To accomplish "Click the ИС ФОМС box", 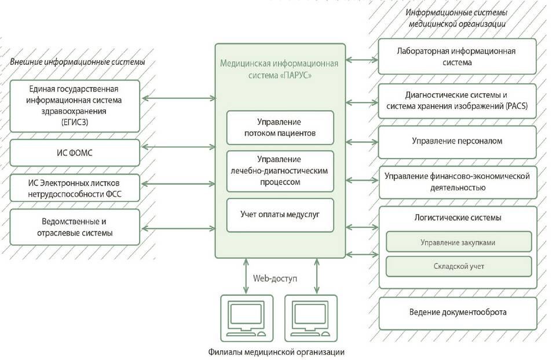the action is tap(75, 153).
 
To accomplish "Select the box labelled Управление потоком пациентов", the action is tap(280, 127).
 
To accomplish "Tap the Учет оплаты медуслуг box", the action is tap(280, 215).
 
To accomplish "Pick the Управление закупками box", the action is tap(459, 242).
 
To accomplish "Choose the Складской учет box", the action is tap(459, 266).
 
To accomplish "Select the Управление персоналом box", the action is tap(458, 142).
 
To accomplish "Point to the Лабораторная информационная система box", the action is tap(458, 56).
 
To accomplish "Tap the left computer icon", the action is tap(247, 318).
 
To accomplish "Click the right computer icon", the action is tap(311, 318).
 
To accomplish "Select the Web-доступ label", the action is tap(275, 278).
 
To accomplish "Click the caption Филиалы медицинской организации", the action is tap(276, 352).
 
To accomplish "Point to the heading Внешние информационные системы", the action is tap(77, 62).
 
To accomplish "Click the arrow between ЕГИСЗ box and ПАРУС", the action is tap(178, 98).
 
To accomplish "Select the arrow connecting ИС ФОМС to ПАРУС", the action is tap(178, 146).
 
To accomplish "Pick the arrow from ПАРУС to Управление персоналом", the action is tap(361, 142).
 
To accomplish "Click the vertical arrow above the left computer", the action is tap(246, 276).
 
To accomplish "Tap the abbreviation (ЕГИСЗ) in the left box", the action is tap(75, 122).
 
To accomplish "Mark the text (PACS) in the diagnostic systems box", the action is tap(517, 106).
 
